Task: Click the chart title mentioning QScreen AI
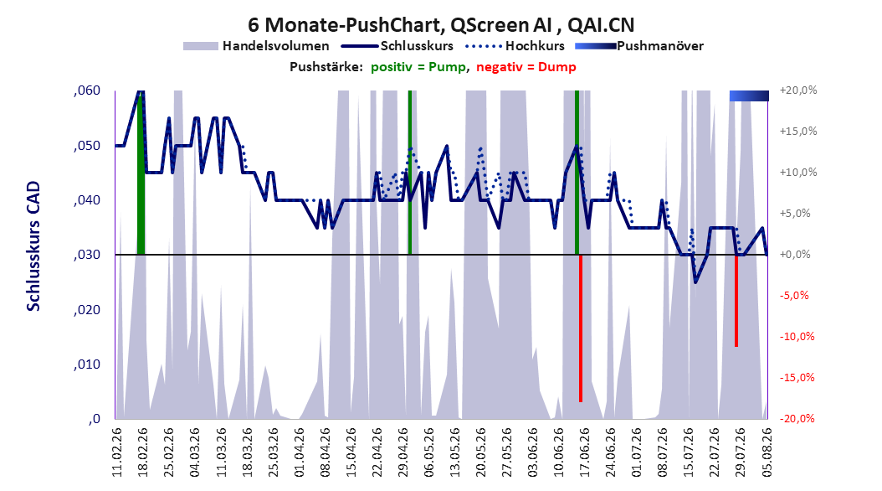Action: coord(441,25)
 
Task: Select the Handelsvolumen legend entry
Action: coord(257,46)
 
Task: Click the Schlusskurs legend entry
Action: coord(397,46)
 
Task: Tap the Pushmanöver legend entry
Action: coord(639,46)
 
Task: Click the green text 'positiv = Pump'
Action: coord(418,67)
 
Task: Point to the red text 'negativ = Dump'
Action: coord(526,67)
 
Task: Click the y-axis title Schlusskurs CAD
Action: coord(33,245)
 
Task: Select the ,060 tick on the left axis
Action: coord(87,90)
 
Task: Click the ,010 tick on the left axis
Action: coord(87,364)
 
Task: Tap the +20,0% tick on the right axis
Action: coord(798,90)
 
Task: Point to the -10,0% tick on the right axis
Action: coord(797,337)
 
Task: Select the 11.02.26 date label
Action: coord(117,452)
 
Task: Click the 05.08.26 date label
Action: coord(767,452)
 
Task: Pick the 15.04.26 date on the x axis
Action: coord(351,452)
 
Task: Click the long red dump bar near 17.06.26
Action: coord(581,328)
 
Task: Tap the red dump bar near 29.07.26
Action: coord(736,301)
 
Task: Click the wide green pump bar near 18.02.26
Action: coord(141,173)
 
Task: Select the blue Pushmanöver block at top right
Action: coord(749,96)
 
